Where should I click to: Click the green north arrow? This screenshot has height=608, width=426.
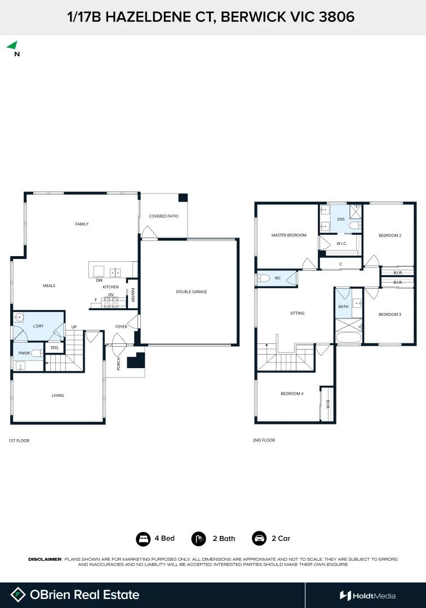tap(13, 46)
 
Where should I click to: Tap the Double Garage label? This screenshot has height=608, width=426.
tap(191, 292)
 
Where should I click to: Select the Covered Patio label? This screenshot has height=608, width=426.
tap(164, 216)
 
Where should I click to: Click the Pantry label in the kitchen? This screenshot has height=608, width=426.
tap(132, 294)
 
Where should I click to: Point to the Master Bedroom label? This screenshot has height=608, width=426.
tap(289, 235)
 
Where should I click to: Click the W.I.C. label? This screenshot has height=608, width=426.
tap(341, 244)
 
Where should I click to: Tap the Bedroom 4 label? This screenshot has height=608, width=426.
tap(292, 394)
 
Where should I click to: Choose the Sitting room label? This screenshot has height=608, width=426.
tap(297, 313)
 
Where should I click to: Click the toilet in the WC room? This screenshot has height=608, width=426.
tap(264, 278)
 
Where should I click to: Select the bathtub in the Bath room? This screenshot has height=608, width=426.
tap(348, 337)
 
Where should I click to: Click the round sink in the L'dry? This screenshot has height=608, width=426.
tap(19, 318)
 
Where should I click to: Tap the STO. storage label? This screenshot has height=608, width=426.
tap(54, 348)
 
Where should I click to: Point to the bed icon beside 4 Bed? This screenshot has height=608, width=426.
tap(143, 539)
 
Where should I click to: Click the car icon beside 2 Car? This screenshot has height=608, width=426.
tap(259, 538)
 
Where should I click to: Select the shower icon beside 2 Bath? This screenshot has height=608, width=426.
tap(199, 539)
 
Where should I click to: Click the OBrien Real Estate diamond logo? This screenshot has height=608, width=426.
tap(18, 594)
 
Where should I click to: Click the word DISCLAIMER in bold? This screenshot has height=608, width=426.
tap(45, 559)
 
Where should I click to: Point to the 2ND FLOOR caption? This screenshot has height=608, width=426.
tap(264, 440)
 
